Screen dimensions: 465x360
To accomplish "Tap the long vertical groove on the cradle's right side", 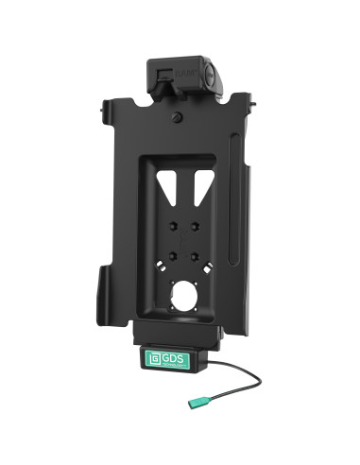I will point(231,198).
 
